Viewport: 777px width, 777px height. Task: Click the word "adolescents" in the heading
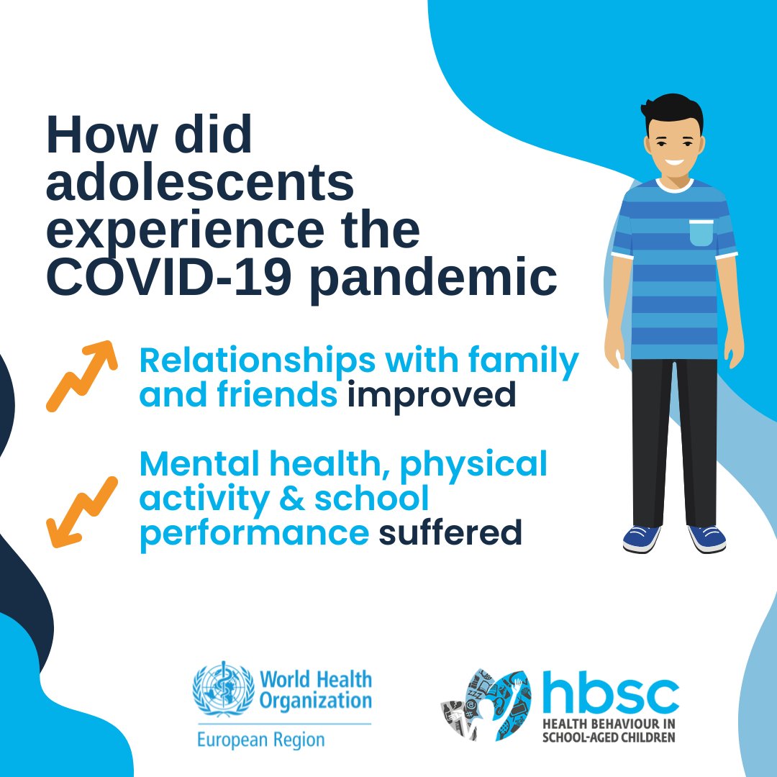pyautogui.click(x=200, y=183)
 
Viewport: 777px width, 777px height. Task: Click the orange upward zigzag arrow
pyautogui.click(x=81, y=376)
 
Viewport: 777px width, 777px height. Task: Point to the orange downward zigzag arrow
pyautogui.click(x=81, y=512)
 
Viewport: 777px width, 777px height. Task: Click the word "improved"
pyautogui.click(x=432, y=396)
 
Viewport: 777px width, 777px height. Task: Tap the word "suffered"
pyautogui.click(x=450, y=533)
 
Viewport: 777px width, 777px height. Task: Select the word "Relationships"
pyautogui.click(x=257, y=360)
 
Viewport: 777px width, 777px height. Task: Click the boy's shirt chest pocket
pyautogui.click(x=701, y=232)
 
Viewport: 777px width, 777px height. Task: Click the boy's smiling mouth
pyautogui.click(x=674, y=160)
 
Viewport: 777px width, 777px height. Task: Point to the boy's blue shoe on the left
pyautogui.click(x=641, y=539)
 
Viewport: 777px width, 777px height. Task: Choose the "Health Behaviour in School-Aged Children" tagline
pyautogui.click(x=608, y=731)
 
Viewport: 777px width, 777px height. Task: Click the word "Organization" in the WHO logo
pyautogui.click(x=316, y=700)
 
